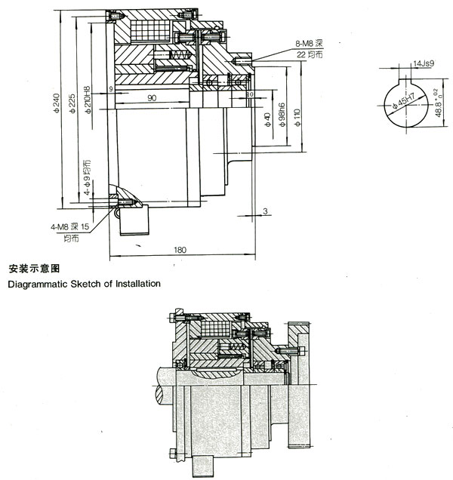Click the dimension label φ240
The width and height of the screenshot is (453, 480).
[x=58, y=105]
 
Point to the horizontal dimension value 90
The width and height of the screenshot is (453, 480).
[x=151, y=97]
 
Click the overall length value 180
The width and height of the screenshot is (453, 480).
[x=180, y=250]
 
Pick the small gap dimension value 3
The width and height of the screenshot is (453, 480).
[x=267, y=211]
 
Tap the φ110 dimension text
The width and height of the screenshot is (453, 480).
[x=297, y=117]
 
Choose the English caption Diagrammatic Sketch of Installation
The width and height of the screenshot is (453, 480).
[x=84, y=285]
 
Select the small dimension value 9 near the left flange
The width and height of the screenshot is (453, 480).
[x=111, y=89]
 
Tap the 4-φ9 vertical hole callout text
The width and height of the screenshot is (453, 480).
[x=88, y=177]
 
